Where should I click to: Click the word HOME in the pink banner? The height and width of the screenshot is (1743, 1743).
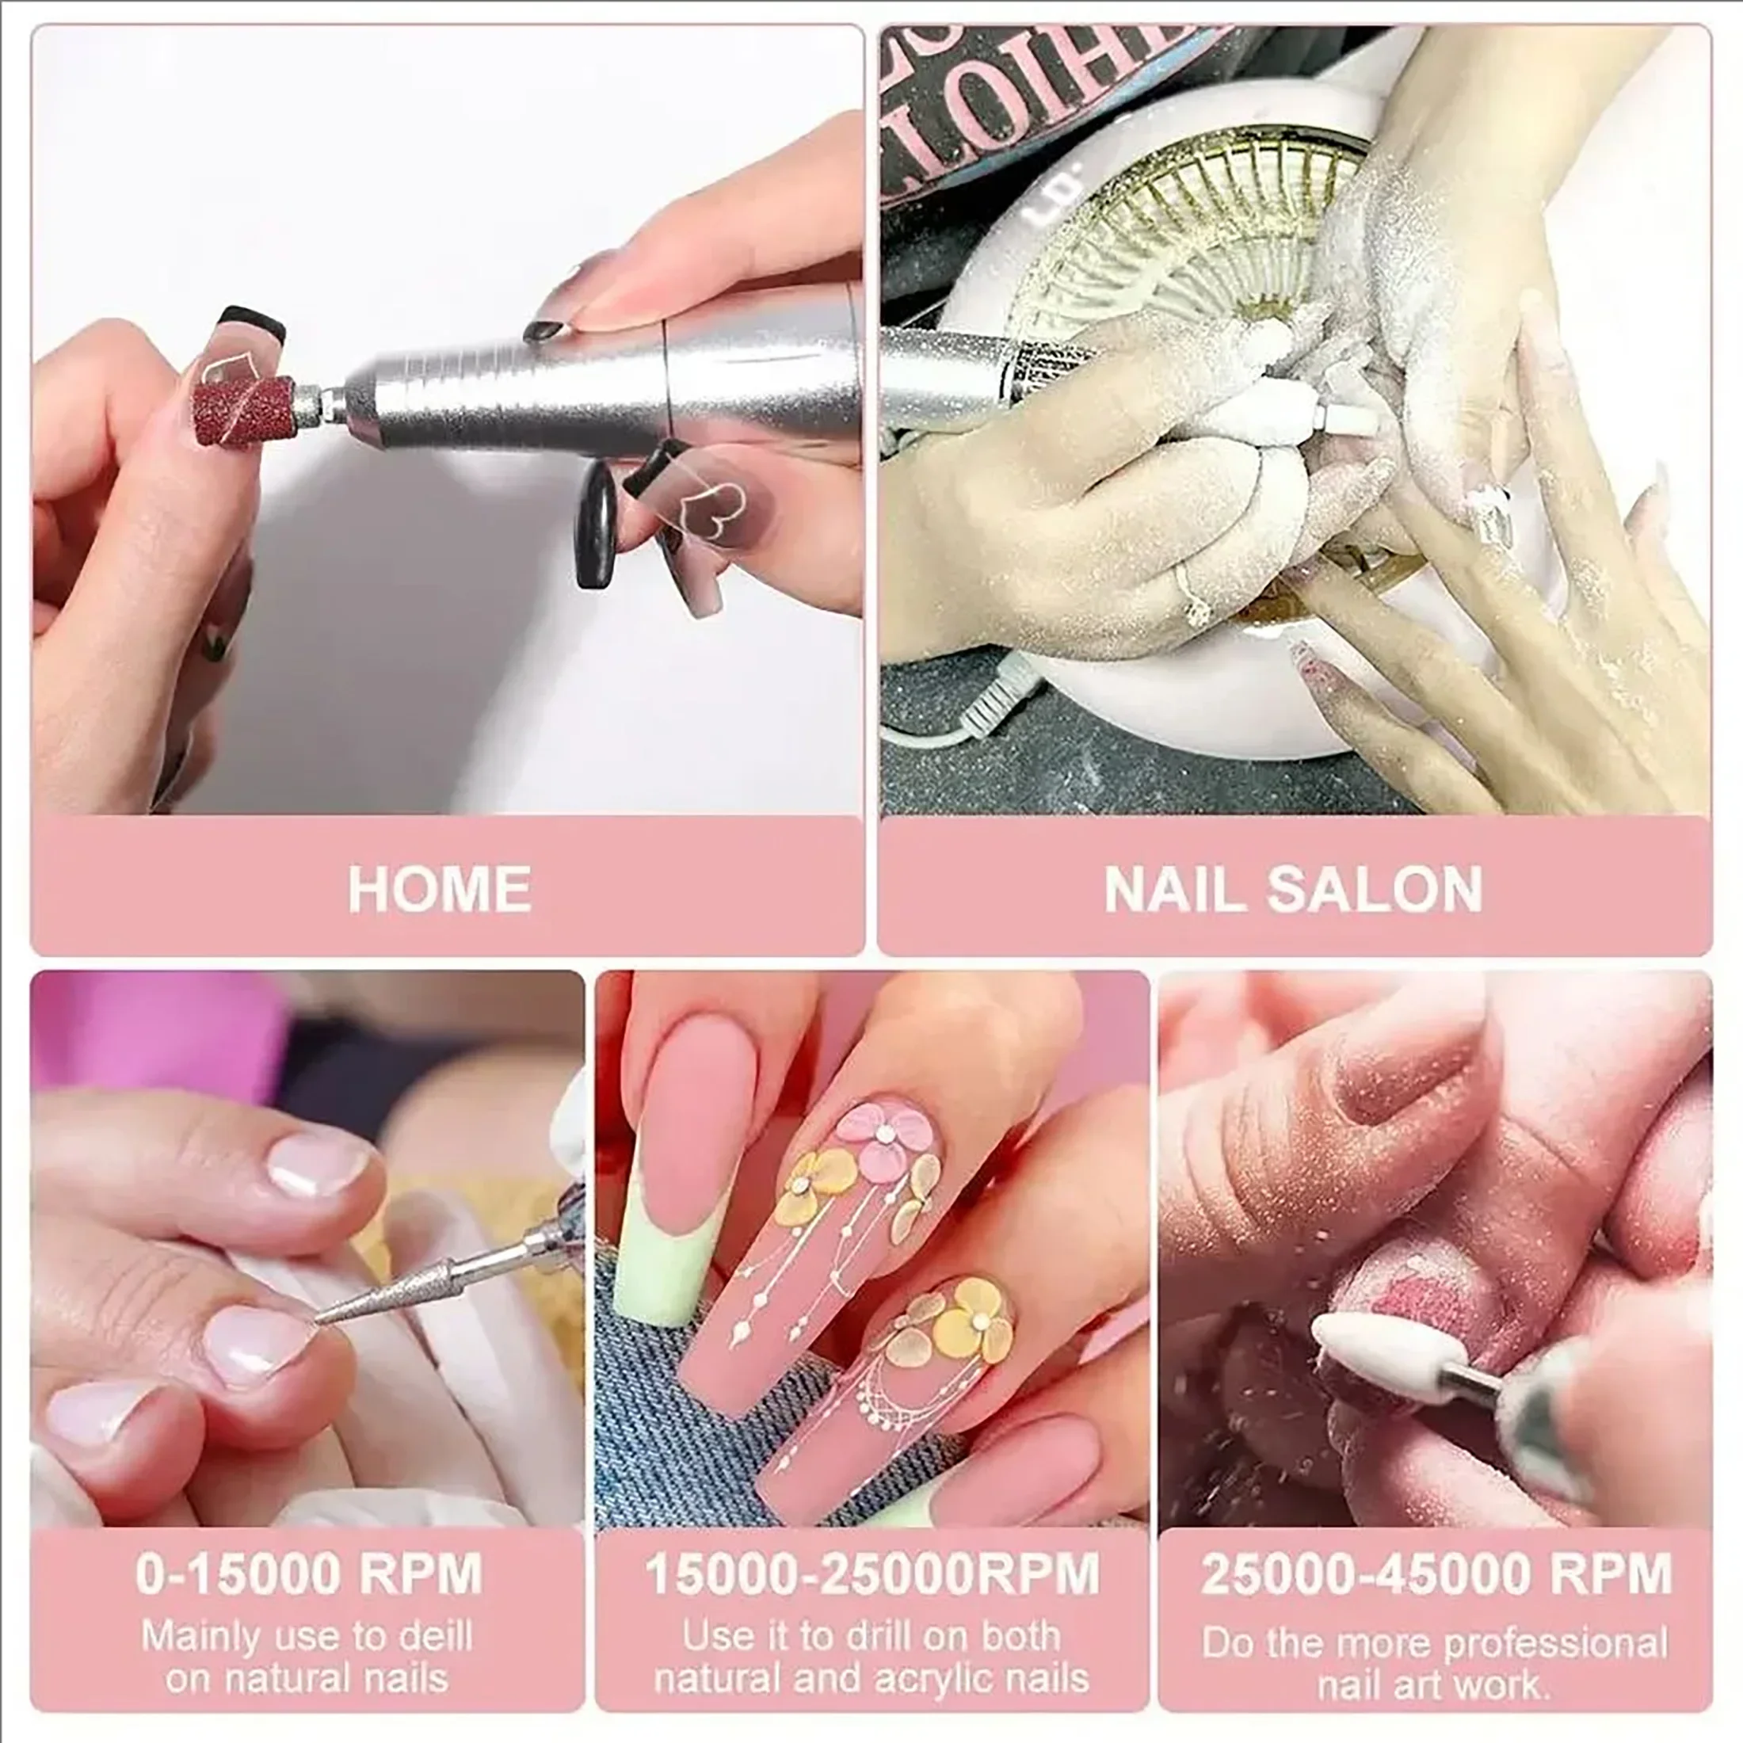point(440,889)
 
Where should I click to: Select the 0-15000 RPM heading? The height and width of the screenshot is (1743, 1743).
point(308,1574)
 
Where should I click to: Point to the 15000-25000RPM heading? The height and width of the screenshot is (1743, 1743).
point(871,1574)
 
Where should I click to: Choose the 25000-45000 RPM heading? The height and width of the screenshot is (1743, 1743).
point(1436,1574)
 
